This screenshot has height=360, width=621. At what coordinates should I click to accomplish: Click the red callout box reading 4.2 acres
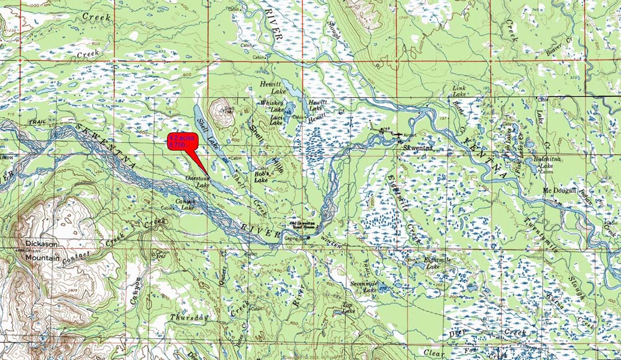182,141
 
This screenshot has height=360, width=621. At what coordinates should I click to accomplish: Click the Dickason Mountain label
42,250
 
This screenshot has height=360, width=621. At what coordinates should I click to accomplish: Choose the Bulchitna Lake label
543,163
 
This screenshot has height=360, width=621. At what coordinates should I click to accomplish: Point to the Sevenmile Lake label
363,286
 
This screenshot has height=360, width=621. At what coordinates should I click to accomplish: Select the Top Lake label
348,307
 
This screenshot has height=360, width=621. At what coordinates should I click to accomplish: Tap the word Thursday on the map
188,317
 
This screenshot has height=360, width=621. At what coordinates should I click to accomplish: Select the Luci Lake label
276,120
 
